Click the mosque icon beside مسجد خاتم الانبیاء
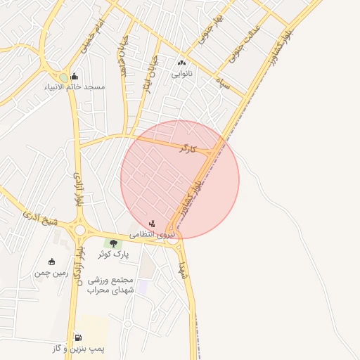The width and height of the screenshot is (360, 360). point(74,77)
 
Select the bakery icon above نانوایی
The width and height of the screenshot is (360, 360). point(182,62)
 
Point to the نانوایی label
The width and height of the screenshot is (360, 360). point(183,72)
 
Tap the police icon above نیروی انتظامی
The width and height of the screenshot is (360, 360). point(152,223)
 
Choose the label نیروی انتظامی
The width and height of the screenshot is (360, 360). point(151,235)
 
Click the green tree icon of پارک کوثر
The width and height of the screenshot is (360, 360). point(112,243)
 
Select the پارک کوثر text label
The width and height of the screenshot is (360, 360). point(112,253)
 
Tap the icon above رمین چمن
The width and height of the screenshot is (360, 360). point(51,262)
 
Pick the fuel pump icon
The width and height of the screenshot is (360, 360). point(77,338)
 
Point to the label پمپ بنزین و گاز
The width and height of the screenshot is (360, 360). point(77,349)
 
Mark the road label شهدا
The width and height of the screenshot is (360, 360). point(182,269)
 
